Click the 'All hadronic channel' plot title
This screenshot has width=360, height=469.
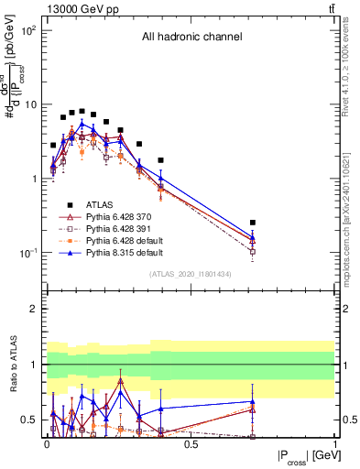[191, 38]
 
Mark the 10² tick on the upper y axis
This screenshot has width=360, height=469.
[29, 30]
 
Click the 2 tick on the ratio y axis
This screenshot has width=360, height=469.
[36, 309]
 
